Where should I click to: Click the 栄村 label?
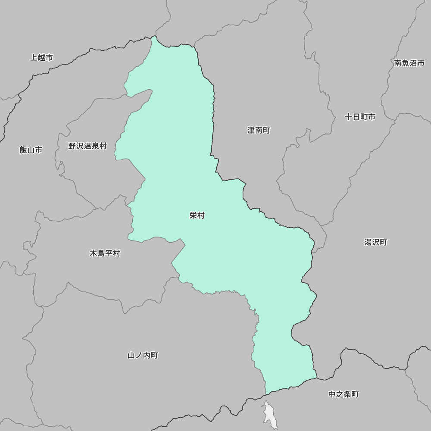pos(197,215)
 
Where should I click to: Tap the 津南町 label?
pos(259,130)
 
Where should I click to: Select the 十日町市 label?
pos(360,117)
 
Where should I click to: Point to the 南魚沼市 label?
pos(409,63)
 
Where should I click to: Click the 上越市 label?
pos(41,57)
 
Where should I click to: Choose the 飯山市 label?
pos(31,150)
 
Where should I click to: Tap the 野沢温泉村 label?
pos(87,146)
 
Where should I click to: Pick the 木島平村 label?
pos(105,253)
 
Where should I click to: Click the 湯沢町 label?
pos(375,242)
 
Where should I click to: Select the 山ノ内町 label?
pos(143,356)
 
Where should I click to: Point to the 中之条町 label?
pos(344,394)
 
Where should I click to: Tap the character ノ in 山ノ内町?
pos(139,356)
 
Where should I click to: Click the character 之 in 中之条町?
pos(340,394)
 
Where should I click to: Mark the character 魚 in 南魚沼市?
pos(405,63)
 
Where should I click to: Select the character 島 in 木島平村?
pos(101,253)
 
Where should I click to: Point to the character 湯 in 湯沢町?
pos(368,242)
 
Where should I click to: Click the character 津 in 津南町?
pos(251,130)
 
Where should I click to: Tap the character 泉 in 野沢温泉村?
pos(95,146)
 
